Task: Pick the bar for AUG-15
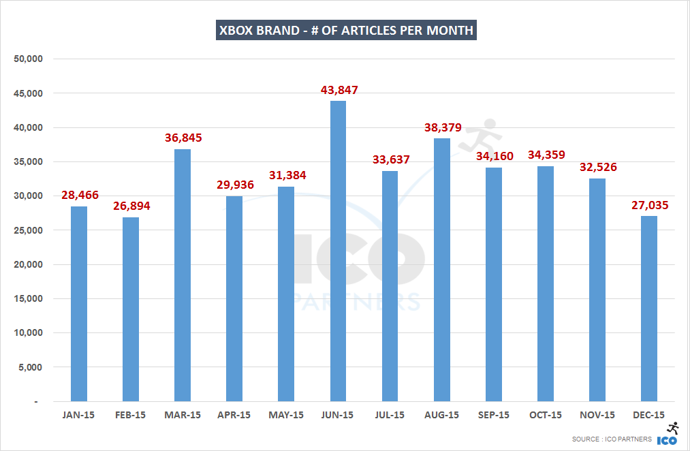click(441, 270)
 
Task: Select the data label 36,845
click(183, 138)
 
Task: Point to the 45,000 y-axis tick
click(29, 93)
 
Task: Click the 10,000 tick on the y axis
click(29, 332)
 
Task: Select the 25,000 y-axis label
click(29, 230)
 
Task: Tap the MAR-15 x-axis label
click(183, 415)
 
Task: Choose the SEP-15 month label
click(493, 415)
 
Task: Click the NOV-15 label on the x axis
click(597, 415)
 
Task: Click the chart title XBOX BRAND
click(345, 31)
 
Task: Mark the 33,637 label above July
click(390, 160)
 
